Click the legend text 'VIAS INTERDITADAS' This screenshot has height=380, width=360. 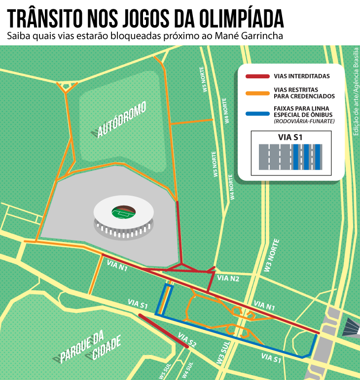pyautogui.click(x=302, y=76)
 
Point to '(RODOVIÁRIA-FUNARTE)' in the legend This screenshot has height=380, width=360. pyautogui.click(x=304, y=121)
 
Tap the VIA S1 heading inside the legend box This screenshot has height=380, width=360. pyautogui.click(x=290, y=138)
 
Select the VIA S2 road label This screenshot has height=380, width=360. pyautogui.click(x=187, y=340)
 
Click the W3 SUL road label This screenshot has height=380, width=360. pyautogui.click(x=223, y=354)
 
